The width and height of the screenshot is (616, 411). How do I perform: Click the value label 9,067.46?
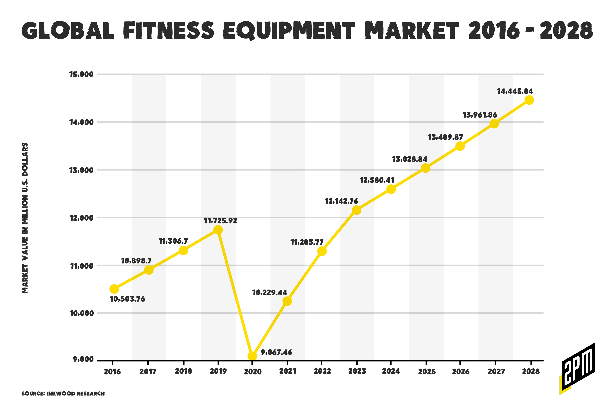(276, 352)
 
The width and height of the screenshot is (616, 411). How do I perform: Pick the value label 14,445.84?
(515, 92)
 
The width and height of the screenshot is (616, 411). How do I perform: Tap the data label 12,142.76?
(342, 201)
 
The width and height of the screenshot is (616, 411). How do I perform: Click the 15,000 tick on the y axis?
(81, 74)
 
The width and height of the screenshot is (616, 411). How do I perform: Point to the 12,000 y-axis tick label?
(81, 218)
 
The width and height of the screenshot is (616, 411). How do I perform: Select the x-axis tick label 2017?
(148, 372)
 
